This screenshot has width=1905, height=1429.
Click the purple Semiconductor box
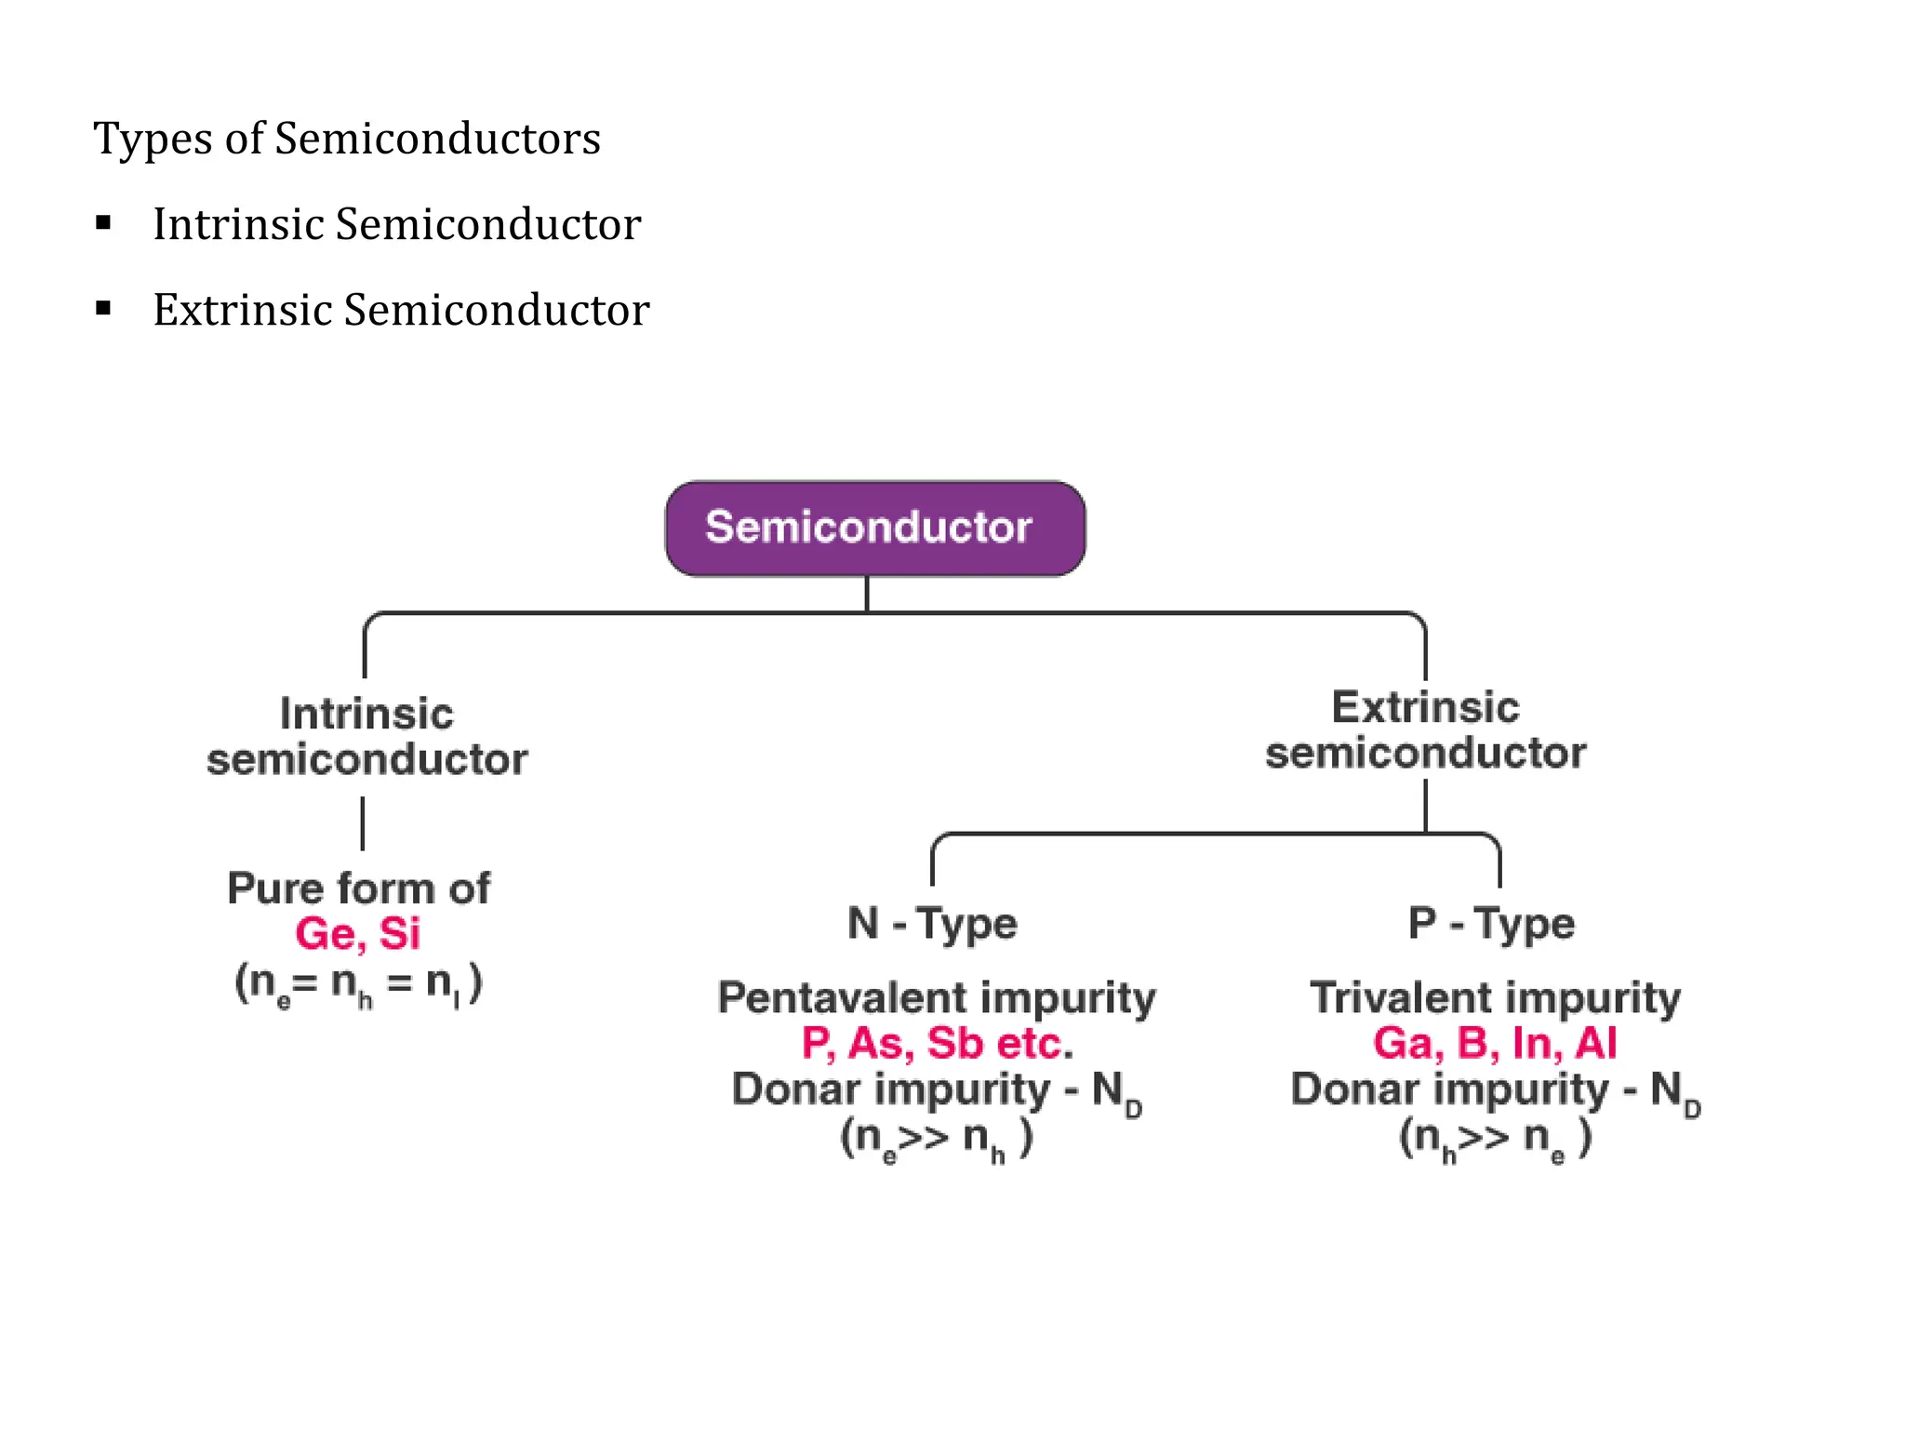tap(874, 528)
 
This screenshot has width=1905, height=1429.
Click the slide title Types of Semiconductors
tap(347, 139)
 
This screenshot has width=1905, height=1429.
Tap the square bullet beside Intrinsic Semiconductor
tap(103, 222)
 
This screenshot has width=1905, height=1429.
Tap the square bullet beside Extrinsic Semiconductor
tap(103, 308)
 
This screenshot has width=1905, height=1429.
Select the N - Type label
tap(932, 923)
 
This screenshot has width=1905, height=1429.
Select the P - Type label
tap(1491, 923)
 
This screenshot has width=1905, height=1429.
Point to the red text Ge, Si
tap(358, 933)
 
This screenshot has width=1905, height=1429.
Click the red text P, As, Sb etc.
tap(937, 1043)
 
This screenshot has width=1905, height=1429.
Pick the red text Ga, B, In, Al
tap(1495, 1043)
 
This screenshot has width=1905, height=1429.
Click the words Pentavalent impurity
tap(937, 997)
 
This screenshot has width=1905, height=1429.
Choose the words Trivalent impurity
tap(1495, 997)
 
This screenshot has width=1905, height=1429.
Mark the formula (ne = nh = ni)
tap(358, 983)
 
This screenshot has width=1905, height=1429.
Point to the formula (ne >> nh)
tap(937, 1138)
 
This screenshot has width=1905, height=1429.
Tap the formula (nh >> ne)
tap(1495, 1138)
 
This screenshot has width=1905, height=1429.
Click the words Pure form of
tap(358, 888)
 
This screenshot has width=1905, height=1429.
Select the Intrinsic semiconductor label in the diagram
tap(366, 736)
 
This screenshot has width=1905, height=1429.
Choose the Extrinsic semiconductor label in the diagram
tap(1425, 730)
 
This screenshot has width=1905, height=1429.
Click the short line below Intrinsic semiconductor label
tap(363, 823)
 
